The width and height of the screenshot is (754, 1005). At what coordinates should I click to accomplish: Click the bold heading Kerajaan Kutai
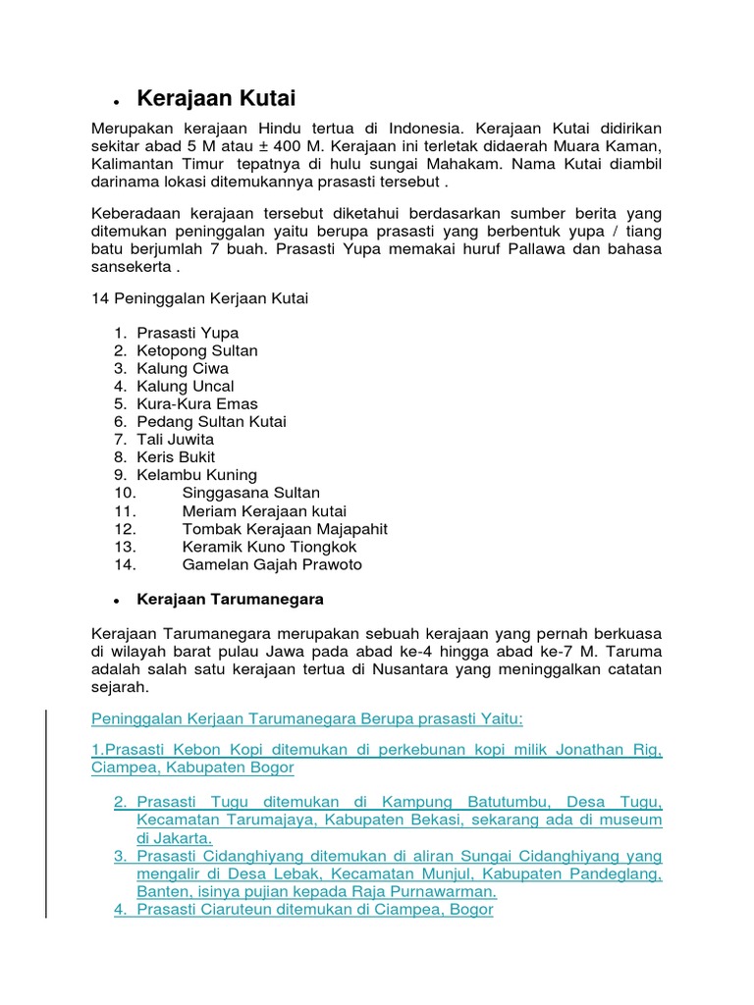coord(216,98)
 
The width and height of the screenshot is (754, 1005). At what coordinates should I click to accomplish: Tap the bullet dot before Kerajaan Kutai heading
coord(116,102)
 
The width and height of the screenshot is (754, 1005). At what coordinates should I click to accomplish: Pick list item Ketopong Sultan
coord(197,350)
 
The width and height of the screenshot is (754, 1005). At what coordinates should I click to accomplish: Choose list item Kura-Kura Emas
coord(197,404)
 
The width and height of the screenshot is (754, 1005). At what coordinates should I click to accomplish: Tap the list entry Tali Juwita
coord(175,440)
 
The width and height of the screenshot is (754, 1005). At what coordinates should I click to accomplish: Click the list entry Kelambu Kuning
coord(196,475)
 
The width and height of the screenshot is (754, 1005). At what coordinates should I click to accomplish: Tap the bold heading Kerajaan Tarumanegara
coord(230,599)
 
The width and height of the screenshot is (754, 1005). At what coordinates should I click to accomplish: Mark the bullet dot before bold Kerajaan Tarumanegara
coord(116,601)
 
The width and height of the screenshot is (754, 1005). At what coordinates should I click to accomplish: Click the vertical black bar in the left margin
coord(47,800)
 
